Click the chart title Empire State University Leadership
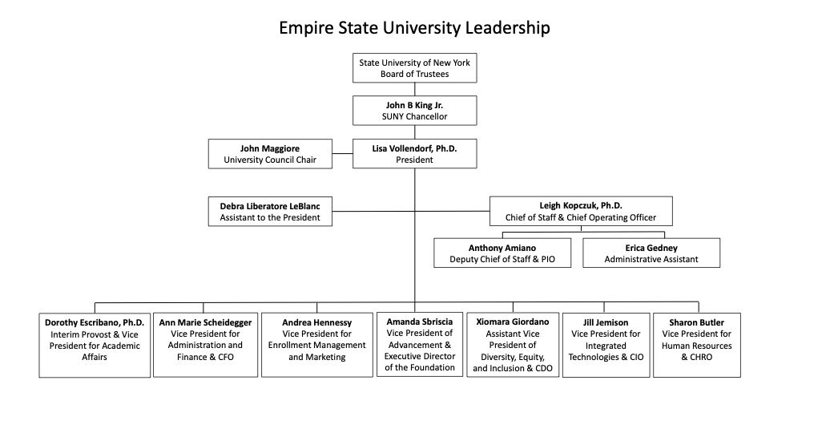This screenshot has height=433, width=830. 414,28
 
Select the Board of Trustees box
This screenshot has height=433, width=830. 414,68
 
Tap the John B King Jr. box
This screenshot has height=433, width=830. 414,111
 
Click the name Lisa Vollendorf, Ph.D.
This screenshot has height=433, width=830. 414,148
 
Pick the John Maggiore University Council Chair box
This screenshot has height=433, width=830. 270,154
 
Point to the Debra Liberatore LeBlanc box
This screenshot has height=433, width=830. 270,212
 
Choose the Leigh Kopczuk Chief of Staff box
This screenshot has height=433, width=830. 581,212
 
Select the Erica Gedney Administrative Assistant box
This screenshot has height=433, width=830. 651,253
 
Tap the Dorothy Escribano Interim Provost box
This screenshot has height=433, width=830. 95,345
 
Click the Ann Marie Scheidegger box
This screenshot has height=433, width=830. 205,345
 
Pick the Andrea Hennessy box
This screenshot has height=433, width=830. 316,345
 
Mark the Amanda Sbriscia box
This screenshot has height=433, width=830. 419,345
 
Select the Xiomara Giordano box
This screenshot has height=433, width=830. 512,345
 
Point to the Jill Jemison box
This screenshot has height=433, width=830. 606,345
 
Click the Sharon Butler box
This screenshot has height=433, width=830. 696,345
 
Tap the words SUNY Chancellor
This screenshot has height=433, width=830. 414,117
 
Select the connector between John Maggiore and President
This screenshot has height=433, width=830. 343,154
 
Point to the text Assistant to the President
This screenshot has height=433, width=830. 270,217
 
